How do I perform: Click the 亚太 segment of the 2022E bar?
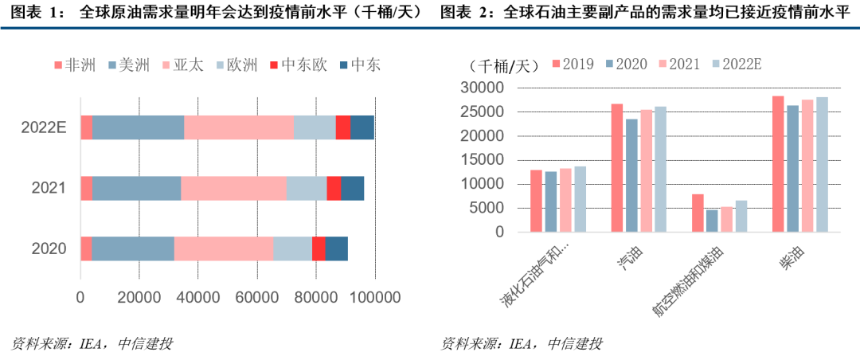pos(239,127)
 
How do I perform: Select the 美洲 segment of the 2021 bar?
pos(136,188)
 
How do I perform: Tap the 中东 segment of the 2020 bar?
pos(336,248)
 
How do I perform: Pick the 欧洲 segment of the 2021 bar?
pos(306,188)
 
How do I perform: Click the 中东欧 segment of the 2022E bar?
pos(342,127)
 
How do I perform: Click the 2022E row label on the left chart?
pos(43,127)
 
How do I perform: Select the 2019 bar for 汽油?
pos(616,167)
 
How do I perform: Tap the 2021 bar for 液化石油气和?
pos(565,200)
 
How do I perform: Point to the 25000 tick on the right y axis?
pos(489,112)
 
